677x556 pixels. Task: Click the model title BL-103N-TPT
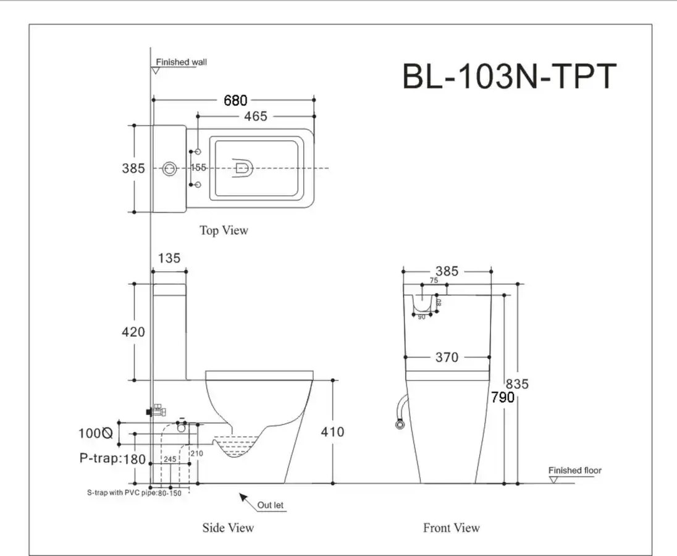(509, 76)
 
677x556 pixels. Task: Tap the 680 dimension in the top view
(235, 100)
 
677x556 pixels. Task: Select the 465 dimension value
(256, 116)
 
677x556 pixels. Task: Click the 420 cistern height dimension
(133, 332)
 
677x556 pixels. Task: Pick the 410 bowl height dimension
(332, 432)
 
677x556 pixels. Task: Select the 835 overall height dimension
(517, 384)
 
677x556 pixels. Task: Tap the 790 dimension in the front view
(503, 397)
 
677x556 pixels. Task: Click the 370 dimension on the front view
(447, 357)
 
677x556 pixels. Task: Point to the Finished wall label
(182, 62)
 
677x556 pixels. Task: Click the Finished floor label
(574, 471)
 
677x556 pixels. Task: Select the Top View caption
(224, 230)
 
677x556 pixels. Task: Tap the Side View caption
(228, 528)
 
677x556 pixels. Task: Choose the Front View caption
(451, 528)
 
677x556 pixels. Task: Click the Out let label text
(271, 505)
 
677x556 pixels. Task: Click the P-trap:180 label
(112, 458)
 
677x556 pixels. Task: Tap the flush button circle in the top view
(169, 168)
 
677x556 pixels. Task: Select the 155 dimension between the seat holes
(198, 168)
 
